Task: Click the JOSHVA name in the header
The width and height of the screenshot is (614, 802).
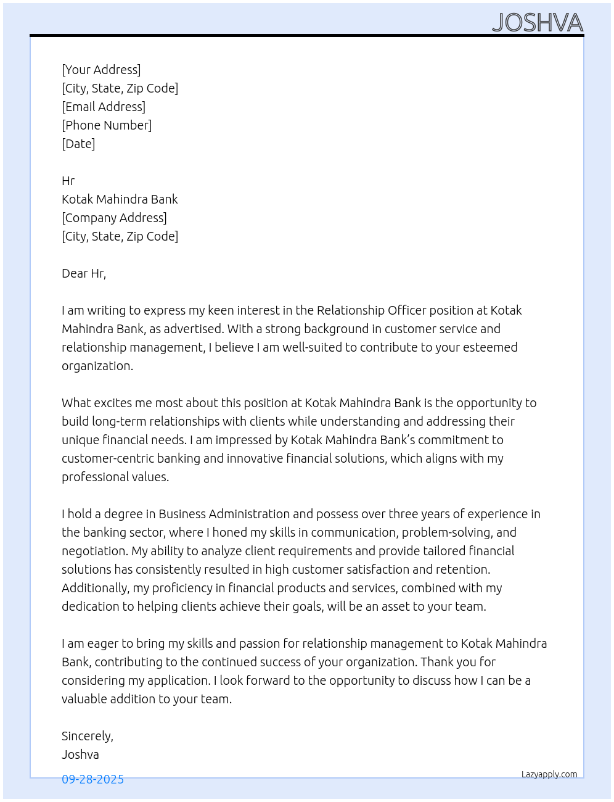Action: pos(537,23)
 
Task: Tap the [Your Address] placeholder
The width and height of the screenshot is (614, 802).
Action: pos(101,70)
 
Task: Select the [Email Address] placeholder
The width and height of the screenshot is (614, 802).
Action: pos(104,107)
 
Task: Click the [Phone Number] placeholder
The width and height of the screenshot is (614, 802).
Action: pos(107,125)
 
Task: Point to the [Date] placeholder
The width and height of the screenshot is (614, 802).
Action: pos(78,144)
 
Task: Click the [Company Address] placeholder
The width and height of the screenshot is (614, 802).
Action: pos(114,218)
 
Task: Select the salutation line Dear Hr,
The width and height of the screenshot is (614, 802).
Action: pos(84,273)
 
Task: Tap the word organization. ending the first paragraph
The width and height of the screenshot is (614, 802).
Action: pos(97,366)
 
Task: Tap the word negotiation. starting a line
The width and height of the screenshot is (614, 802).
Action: pos(95,551)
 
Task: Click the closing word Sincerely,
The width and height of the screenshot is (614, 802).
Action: pos(88,736)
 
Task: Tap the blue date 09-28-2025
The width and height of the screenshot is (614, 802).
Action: pos(92,779)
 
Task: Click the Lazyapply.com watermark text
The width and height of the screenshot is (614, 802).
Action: pos(549,774)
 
